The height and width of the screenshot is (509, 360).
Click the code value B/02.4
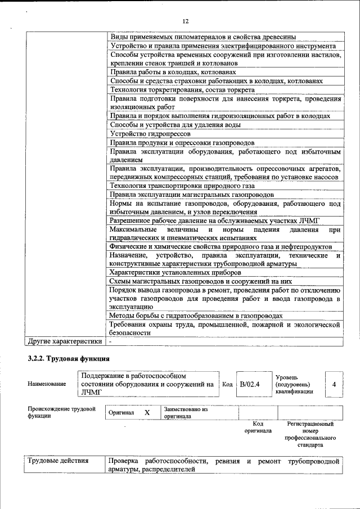pos(248,385)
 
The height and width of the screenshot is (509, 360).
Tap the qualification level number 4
pos(334,385)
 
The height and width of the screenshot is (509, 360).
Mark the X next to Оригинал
pos(147,412)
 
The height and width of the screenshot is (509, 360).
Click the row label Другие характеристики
pos(64,341)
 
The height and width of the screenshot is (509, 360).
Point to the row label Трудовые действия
pos(58,461)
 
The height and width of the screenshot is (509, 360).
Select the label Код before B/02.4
pos(227,385)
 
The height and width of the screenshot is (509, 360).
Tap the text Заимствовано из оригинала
pos(186,413)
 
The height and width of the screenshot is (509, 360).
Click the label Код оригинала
pos(258,427)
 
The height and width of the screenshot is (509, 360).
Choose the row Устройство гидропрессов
pos(150,134)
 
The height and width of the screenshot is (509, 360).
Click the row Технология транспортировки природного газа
pos(182,186)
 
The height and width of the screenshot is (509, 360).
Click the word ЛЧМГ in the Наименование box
pos(92,393)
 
